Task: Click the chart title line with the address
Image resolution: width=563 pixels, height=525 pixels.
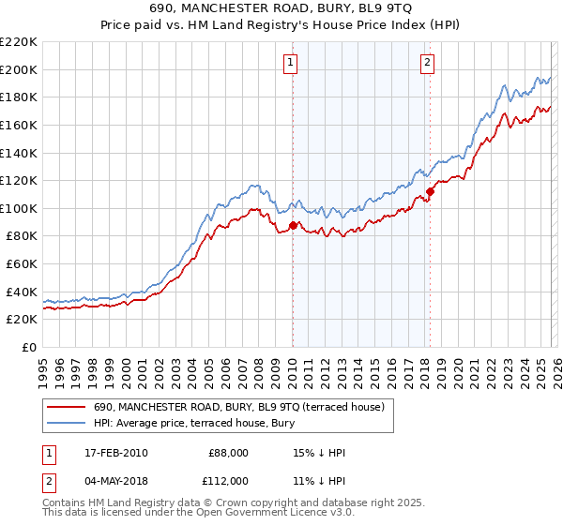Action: point(281,7)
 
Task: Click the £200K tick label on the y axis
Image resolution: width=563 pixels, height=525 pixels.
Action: point(19,69)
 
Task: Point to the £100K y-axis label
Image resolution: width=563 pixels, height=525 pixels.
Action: point(19,208)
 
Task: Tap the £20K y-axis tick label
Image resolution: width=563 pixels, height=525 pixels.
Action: point(22,320)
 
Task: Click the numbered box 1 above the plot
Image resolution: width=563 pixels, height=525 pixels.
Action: point(290,63)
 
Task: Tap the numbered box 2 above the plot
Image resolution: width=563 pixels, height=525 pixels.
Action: point(427,63)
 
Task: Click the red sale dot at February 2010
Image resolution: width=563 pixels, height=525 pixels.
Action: point(293,225)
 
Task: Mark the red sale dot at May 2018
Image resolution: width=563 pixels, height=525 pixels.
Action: point(430,191)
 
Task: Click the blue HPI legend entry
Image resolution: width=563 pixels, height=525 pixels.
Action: point(193,424)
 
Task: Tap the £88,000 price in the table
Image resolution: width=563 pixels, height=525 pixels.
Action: point(228,453)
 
